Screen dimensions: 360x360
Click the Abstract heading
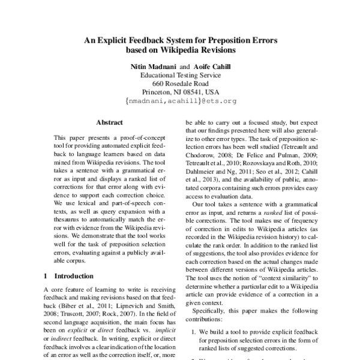coord(109,122)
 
